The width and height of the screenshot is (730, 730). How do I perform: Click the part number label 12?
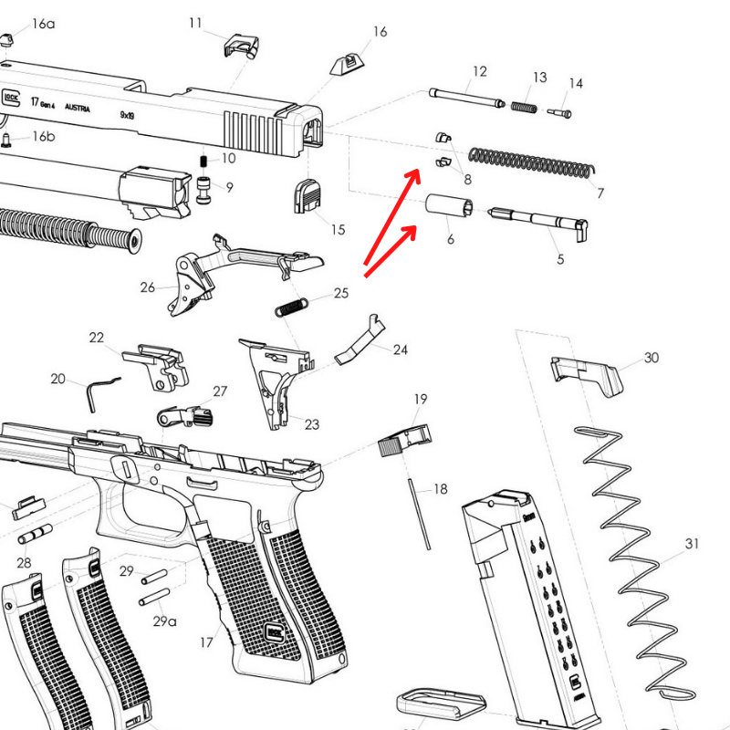(480, 71)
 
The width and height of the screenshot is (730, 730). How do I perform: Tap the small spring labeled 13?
(522, 106)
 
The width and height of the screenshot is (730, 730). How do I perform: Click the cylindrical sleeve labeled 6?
(448, 206)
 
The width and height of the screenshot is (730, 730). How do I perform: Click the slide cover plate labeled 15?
(307, 196)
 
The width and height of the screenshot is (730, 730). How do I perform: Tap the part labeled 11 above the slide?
(243, 44)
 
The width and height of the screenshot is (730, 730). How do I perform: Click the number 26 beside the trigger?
(148, 287)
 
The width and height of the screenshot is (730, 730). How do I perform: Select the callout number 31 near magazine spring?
(692, 544)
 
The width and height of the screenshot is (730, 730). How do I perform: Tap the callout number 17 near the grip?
(206, 642)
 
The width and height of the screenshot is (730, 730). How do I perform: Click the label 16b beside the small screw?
(44, 137)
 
